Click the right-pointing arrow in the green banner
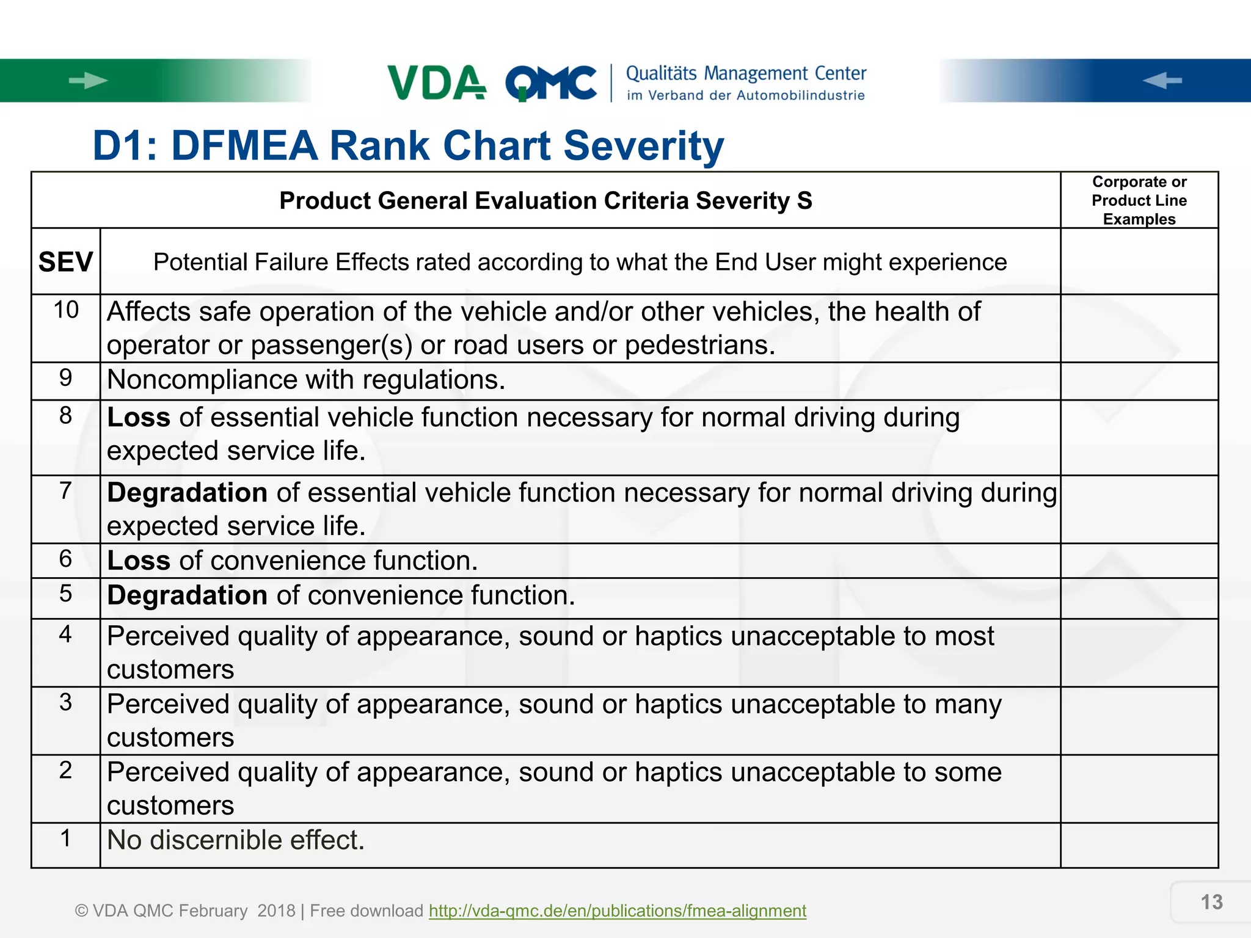[88, 81]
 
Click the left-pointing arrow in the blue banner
[1162, 81]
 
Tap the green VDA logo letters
[436, 82]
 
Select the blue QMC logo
[551, 83]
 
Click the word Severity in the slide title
[643, 146]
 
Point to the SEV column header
[65, 263]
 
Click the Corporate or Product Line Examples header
[1139, 200]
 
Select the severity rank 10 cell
[66, 310]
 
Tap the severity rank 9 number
[65, 378]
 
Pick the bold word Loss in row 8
[139, 418]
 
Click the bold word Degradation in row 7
[187, 493]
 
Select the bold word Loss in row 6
[139, 561]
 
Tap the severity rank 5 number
[65, 594]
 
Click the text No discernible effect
[236, 840]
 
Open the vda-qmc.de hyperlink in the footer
[617, 911]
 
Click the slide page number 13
[1211, 902]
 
